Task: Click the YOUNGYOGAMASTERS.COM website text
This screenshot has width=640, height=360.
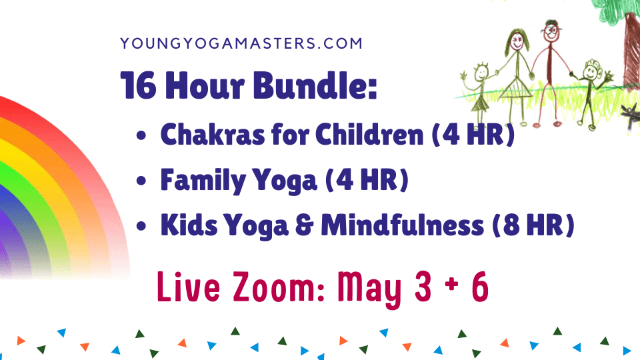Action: click(241, 43)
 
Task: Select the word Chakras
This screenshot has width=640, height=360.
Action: click(212, 134)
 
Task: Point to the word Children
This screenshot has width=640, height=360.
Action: click(369, 134)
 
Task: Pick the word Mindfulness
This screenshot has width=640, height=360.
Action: click(403, 225)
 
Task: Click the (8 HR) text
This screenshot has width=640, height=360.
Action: click(533, 225)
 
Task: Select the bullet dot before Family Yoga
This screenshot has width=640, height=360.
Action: click(141, 181)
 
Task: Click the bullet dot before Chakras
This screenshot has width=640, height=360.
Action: click(141, 135)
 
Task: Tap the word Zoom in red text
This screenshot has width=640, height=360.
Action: click(279, 287)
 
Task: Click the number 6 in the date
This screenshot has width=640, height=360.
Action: click(480, 287)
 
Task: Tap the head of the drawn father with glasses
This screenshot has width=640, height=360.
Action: click(551, 31)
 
